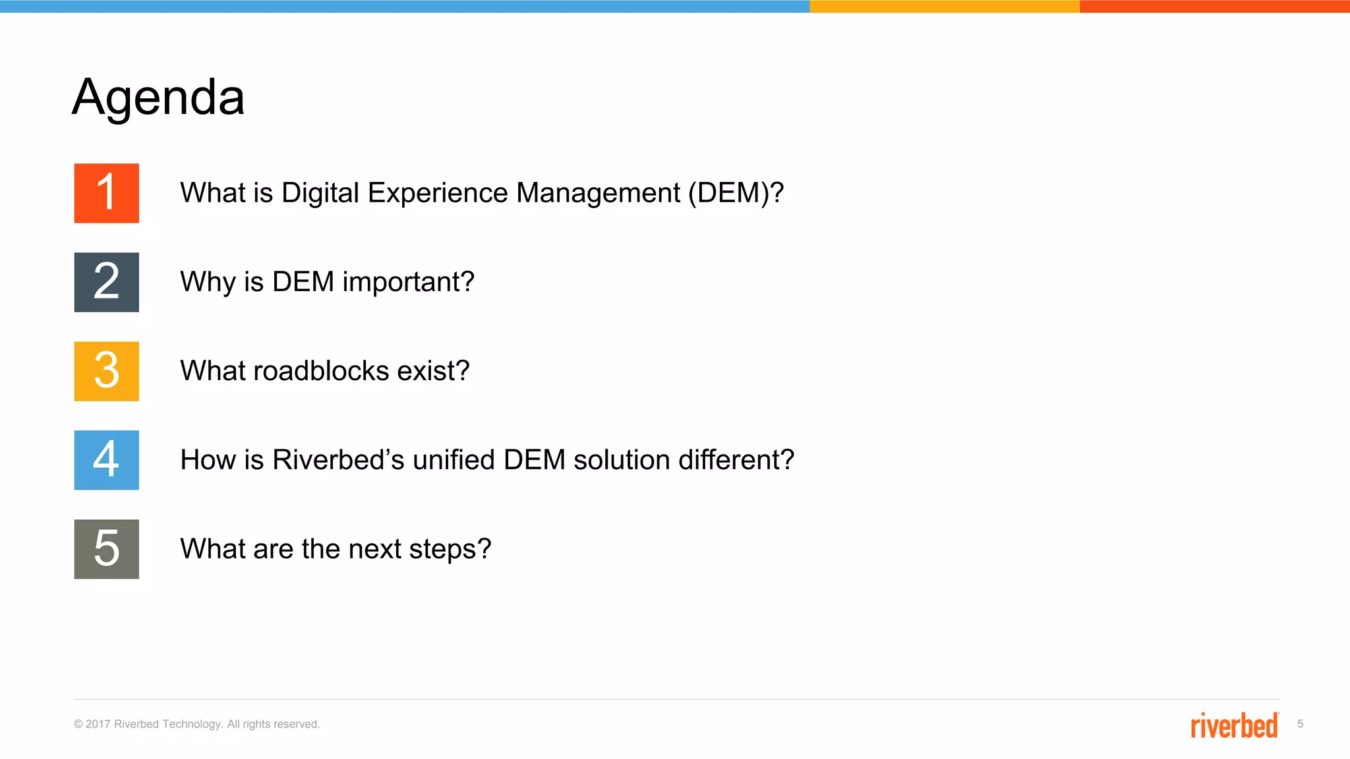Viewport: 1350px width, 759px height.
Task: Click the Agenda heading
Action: tap(158, 98)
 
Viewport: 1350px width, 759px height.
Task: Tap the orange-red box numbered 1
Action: tap(106, 193)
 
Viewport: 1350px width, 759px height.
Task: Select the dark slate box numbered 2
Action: tap(106, 282)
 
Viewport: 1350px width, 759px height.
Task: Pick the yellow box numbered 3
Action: tap(106, 371)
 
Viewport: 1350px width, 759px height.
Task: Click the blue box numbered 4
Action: tap(106, 460)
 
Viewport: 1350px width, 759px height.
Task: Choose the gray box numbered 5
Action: tap(106, 549)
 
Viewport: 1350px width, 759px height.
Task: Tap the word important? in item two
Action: tap(408, 282)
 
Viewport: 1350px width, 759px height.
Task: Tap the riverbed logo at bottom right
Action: tap(1234, 725)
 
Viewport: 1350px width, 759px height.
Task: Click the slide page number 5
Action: tap(1300, 724)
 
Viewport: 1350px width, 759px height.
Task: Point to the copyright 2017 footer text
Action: tap(196, 724)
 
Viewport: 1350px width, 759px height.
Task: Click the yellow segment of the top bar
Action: tap(944, 6)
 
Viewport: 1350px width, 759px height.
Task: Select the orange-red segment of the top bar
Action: tap(1214, 6)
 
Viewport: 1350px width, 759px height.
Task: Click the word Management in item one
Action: tap(598, 193)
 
